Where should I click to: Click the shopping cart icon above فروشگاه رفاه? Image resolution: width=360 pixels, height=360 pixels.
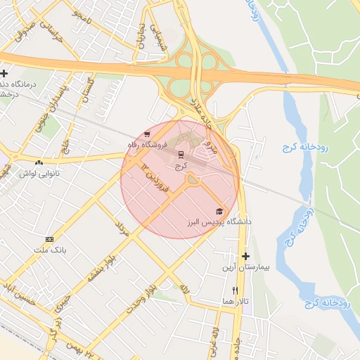[146, 134]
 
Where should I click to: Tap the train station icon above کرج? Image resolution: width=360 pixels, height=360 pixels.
[181, 154]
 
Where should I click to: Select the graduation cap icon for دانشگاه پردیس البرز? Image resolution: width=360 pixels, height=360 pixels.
[219, 211]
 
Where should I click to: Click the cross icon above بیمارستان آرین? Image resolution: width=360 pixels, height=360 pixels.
[245, 256]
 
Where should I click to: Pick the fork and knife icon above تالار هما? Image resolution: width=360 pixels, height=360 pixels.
[236, 290]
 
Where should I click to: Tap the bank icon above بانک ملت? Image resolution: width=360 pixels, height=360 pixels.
[49, 239]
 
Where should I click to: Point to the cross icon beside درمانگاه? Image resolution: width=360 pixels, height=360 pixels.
[4, 73]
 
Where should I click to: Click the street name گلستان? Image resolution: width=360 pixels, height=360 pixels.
[89, 89]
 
